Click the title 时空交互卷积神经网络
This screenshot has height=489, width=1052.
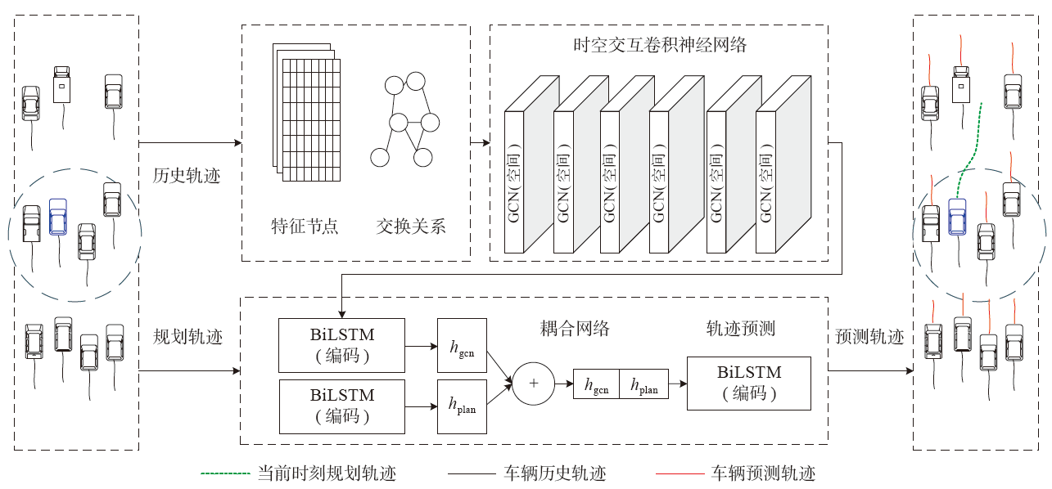(x=660, y=45)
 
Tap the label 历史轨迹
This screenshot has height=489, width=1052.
(x=187, y=176)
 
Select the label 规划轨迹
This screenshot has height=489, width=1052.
(x=187, y=337)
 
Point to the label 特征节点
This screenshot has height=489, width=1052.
(x=305, y=227)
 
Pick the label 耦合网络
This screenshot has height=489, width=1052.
(x=576, y=329)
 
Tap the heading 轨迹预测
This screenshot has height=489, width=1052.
(x=740, y=329)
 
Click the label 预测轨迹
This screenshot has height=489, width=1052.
(x=869, y=337)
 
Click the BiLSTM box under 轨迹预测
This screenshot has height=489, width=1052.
(x=748, y=383)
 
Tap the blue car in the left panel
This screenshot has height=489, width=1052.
(x=57, y=218)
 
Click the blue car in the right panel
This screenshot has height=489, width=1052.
(x=957, y=218)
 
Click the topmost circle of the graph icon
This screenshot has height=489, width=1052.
(x=416, y=82)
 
